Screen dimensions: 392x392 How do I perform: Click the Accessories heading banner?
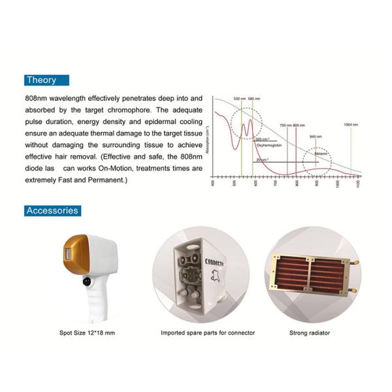(x=52, y=210)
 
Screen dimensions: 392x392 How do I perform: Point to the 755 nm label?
(x=286, y=125)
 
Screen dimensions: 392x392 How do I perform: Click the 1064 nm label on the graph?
(x=351, y=125)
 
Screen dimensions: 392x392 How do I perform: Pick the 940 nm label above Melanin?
(x=316, y=136)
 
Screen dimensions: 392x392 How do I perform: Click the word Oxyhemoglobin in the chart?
(x=267, y=146)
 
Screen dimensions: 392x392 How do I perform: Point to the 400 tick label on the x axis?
(x=214, y=184)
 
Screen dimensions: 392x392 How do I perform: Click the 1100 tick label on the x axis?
(x=359, y=185)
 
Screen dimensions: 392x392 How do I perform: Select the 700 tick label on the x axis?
(x=276, y=184)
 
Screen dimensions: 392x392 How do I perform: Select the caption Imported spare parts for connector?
(x=199, y=333)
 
